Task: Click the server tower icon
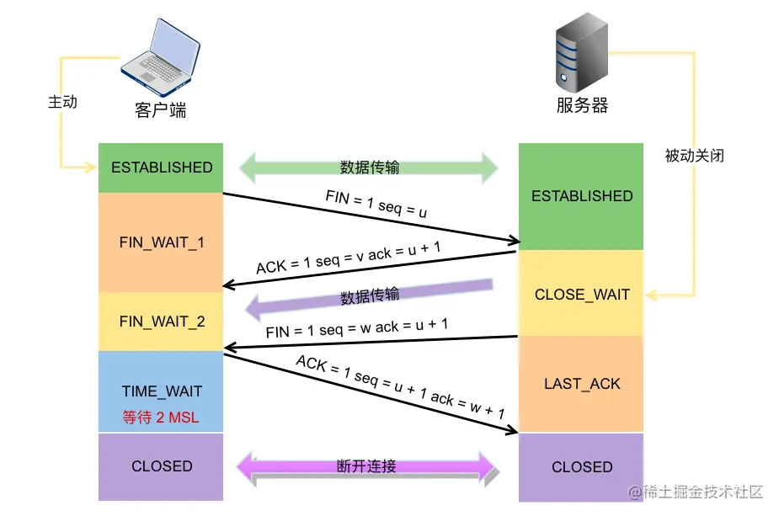click(581, 57)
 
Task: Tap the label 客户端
click(160, 110)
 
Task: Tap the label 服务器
click(582, 105)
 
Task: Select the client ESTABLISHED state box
click(161, 168)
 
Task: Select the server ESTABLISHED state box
click(581, 196)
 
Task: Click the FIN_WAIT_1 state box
click(161, 242)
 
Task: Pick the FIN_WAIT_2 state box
click(161, 322)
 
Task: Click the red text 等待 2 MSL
click(161, 417)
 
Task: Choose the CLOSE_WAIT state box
click(581, 295)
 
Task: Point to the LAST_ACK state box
click(581, 384)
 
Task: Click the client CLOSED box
click(161, 466)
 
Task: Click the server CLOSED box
click(581, 467)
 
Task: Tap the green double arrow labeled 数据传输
click(369, 167)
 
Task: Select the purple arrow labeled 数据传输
click(369, 295)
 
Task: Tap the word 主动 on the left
click(62, 102)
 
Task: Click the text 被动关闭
click(694, 156)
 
